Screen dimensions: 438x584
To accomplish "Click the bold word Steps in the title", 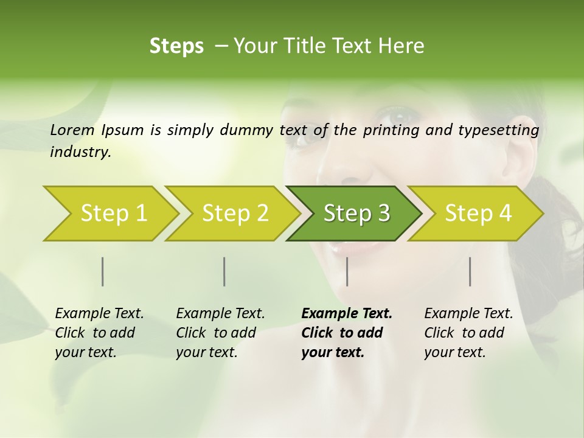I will (176, 46).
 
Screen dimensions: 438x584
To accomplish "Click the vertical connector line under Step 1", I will (103, 271).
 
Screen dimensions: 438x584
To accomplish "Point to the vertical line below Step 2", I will (224, 271).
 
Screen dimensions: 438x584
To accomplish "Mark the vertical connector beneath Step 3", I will (347, 271).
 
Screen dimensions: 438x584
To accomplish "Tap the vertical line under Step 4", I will (470, 271).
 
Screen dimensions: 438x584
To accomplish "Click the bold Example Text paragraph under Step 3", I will (347, 333).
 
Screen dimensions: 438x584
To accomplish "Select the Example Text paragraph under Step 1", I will (99, 333).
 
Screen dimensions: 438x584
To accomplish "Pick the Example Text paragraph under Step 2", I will (220, 333).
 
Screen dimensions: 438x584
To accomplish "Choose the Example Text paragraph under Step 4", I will (468, 333).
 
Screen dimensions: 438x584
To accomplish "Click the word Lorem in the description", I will (72, 130).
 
